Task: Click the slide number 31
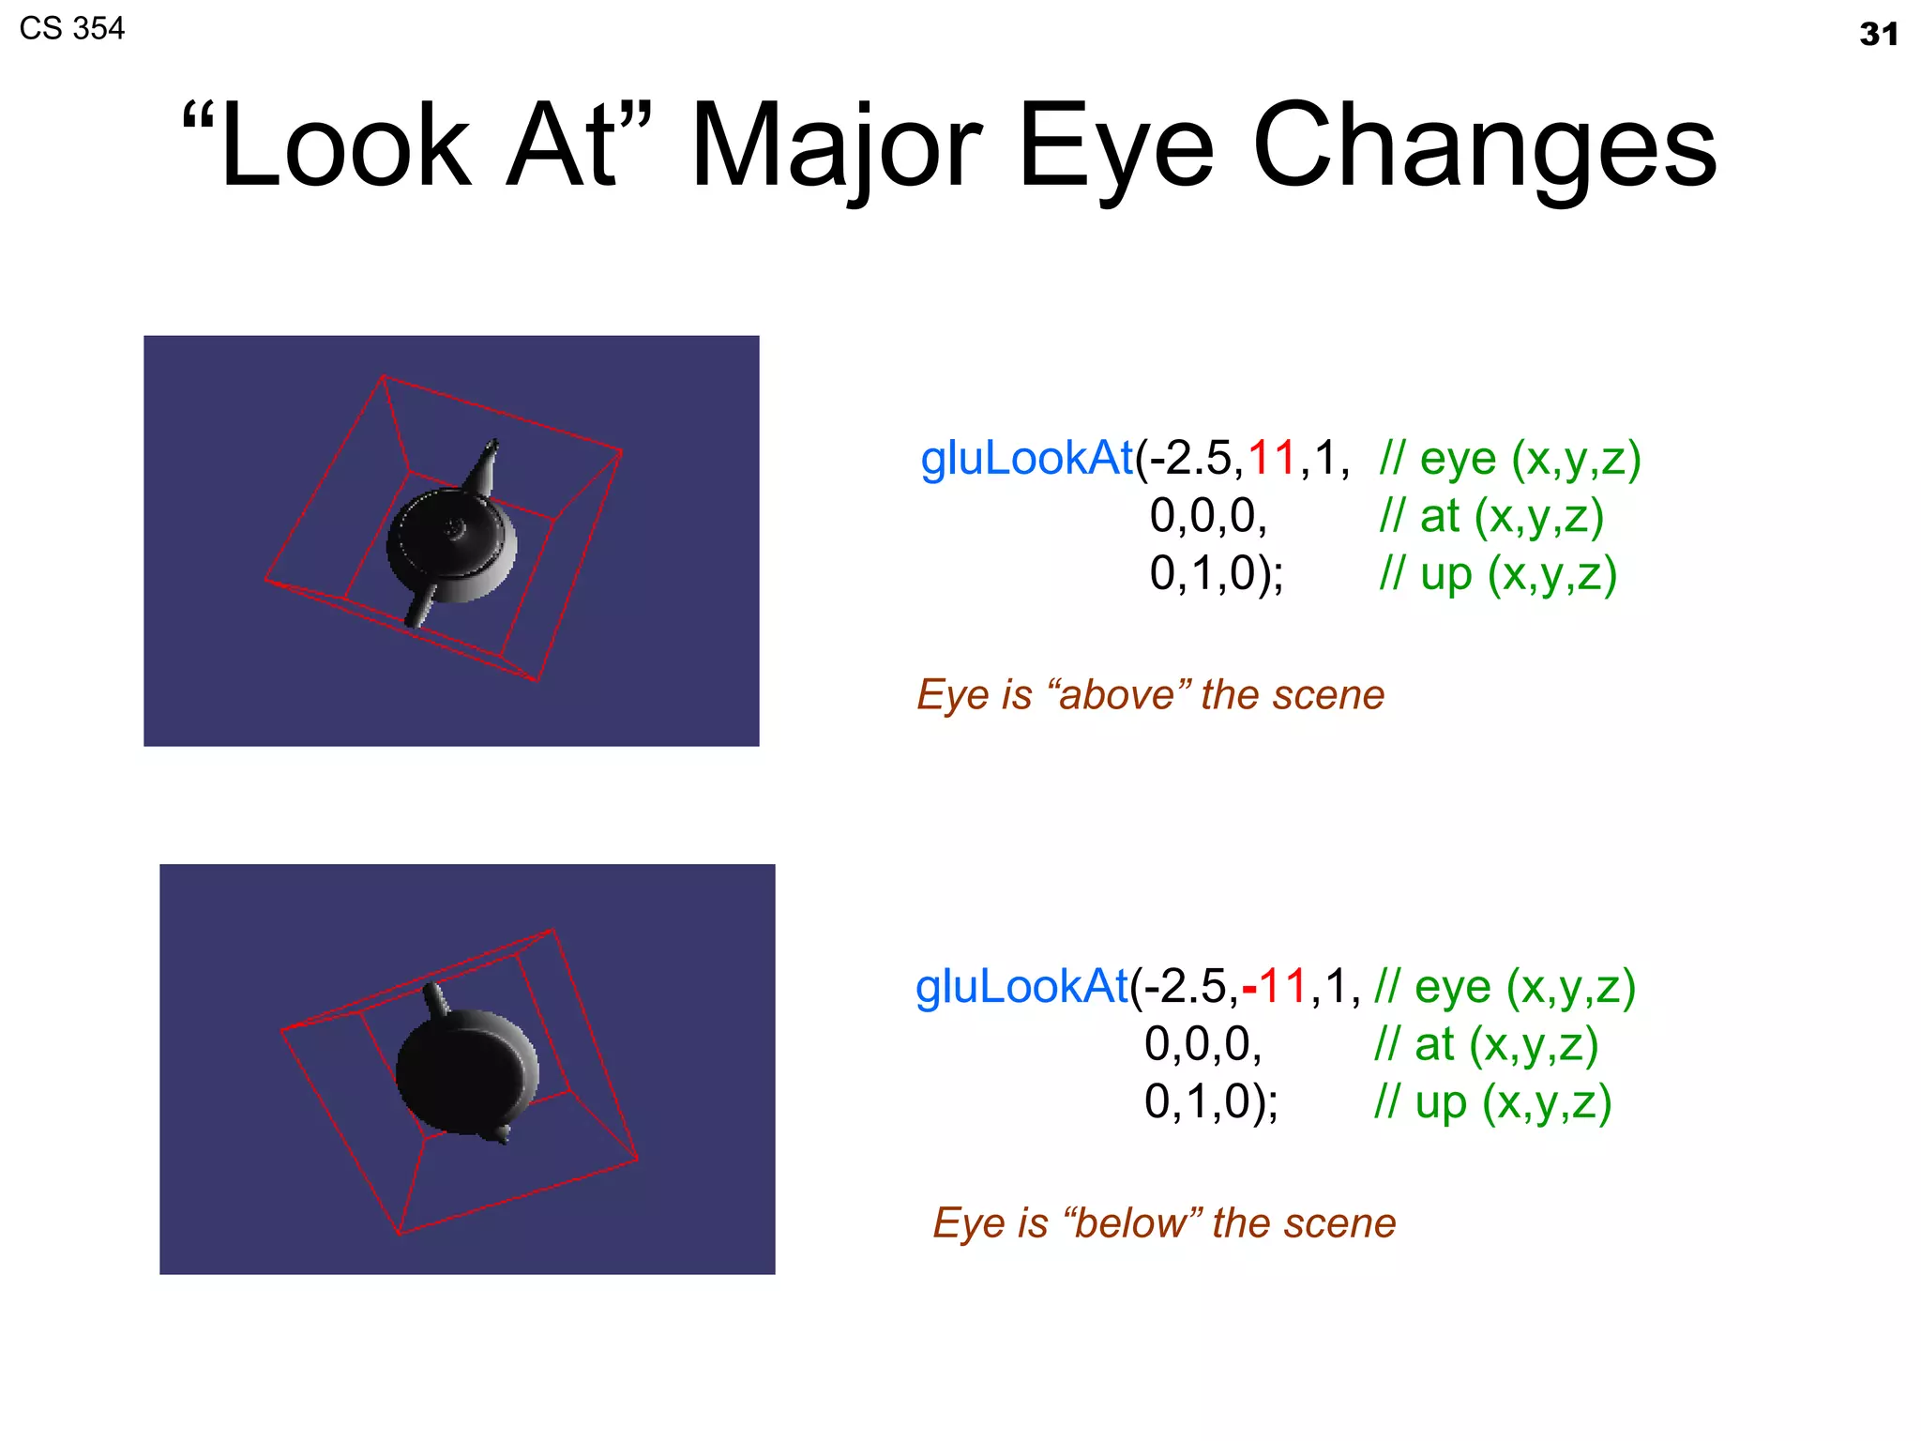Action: tap(1878, 35)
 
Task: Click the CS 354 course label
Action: tap(72, 29)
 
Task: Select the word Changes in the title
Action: tap(1484, 148)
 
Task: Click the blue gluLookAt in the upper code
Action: tap(1026, 459)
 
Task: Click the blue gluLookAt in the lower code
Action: tap(1021, 987)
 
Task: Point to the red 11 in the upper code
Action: tap(1271, 459)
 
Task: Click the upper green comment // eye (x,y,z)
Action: tap(1510, 459)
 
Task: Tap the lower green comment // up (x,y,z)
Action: tap(1492, 1102)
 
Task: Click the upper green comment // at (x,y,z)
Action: tap(1491, 517)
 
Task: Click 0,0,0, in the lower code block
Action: tap(1203, 1044)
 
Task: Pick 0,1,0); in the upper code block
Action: tap(1217, 574)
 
